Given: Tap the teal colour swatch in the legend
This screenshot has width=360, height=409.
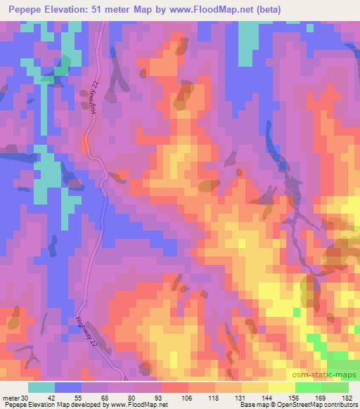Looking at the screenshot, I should [x=41, y=387].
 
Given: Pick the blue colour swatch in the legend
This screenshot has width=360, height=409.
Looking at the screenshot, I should [x=68, y=387].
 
